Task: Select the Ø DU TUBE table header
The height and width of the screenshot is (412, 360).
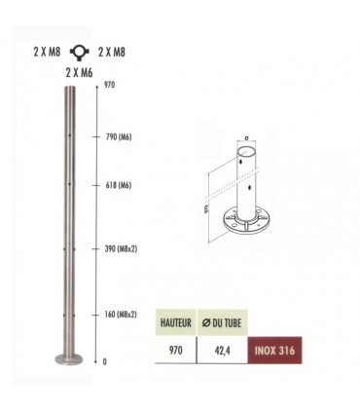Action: (x=230, y=318)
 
